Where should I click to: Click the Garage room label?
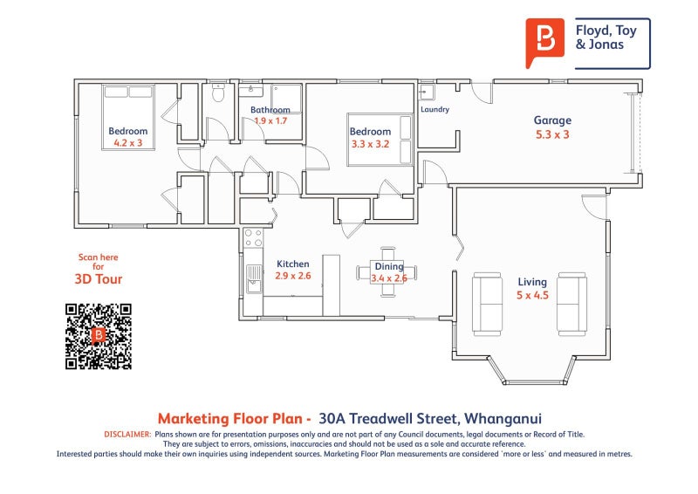coord(552,120)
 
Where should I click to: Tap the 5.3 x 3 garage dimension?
coord(552,134)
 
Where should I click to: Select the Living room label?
coord(531,282)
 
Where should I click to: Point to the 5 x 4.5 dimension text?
coord(531,295)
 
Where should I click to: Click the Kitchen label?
coord(292,264)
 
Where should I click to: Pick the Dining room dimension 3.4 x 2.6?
coord(389,278)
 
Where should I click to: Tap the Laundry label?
coord(435,110)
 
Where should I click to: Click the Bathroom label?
coord(270,110)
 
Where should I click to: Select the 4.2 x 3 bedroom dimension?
coord(127,143)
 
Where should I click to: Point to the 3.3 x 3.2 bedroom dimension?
coord(371,144)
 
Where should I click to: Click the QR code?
coord(98,336)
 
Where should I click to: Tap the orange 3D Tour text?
coord(98,279)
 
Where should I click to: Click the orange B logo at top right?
coord(545,41)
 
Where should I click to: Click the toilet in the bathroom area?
coord(218,93)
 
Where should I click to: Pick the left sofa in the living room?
coord(486,304)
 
